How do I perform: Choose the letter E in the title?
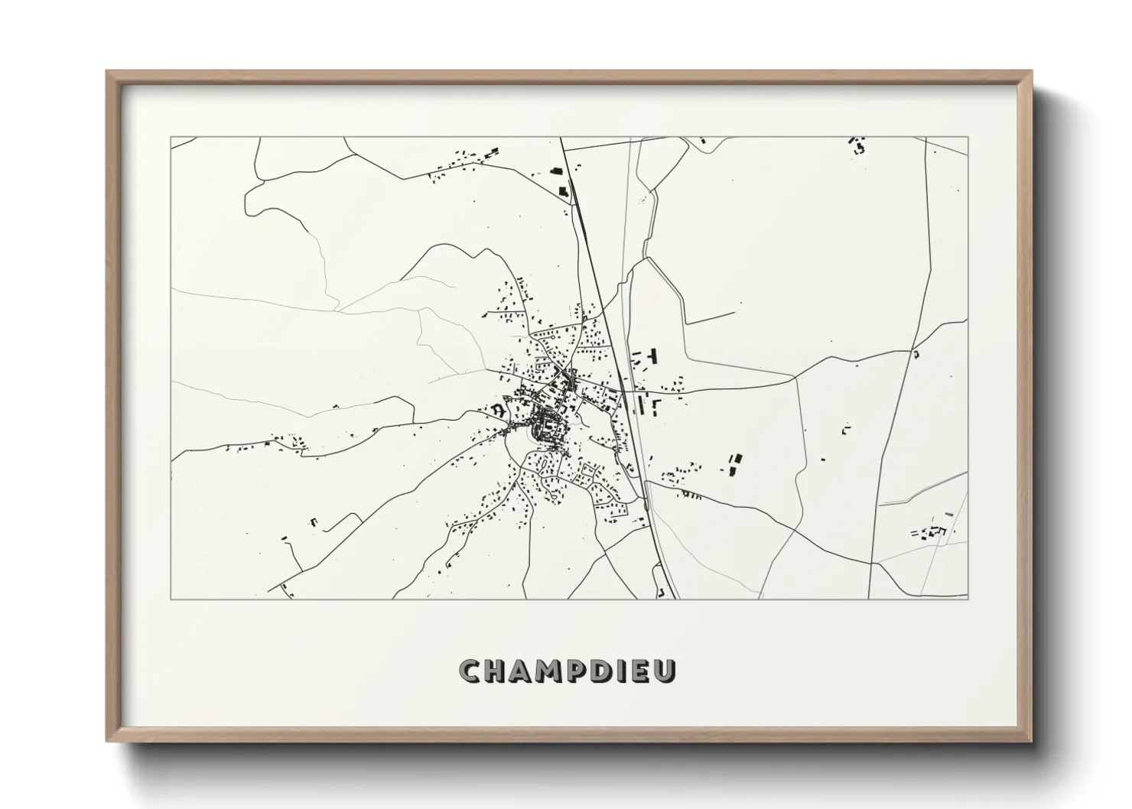pos(643,672)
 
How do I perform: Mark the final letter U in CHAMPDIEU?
pos(667,672)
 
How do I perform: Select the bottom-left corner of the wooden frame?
pos(107,740)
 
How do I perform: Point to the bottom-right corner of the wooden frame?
pos(1032,740)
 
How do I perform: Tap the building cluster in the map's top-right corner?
pos(857,145)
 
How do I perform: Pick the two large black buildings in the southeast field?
pos(735,464)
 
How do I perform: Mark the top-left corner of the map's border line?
pos(171,138)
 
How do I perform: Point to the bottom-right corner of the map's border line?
pos(968,599)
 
